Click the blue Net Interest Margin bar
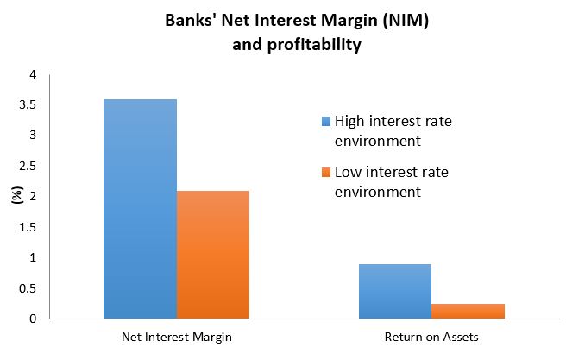pyautogui.click(x=140, y=209)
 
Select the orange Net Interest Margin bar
pyautogui.click(x=213, y=255)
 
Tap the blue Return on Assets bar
pyautogui.click(x=394, y=291)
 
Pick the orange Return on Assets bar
pyautogui.click(x=468, y=311)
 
